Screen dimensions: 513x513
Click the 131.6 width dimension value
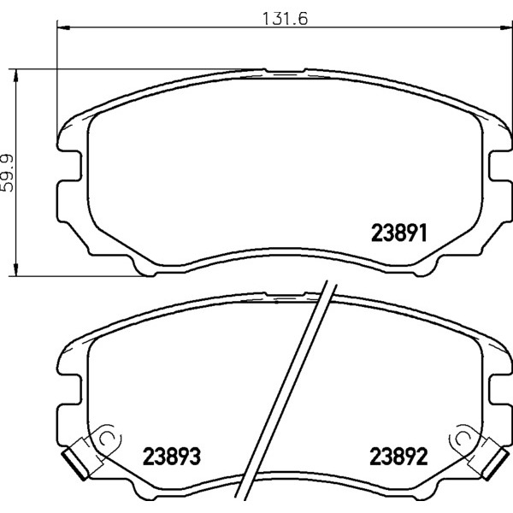pos(285,19)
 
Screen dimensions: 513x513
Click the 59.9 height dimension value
pos(7,173)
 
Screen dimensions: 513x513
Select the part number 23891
pos(398,233)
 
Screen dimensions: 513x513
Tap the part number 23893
pos(172,457)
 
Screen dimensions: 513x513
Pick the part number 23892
pos(398,457)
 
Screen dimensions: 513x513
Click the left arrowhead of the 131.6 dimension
pos(63,28)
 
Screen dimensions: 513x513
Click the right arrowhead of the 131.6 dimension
pos(505,28)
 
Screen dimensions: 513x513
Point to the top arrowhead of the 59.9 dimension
pos(15,75)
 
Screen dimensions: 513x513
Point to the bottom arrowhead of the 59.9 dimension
pos(15,269)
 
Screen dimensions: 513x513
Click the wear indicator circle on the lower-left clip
pos(106,439)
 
